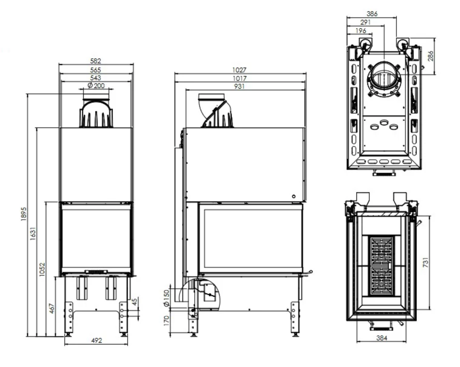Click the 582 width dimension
[x=95, y=61]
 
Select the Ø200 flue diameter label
[x=96, y=85]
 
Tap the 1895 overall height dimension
[x=24, y=214]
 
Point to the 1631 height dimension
[x=33, y=234]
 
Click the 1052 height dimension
[x=42, y=269]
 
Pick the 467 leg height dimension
[x=52, y=309]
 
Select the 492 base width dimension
[x=97, y=340]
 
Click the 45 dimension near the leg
[x=135, y=302]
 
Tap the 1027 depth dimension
[x=239, y=70]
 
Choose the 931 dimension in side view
[x=239, y=86]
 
